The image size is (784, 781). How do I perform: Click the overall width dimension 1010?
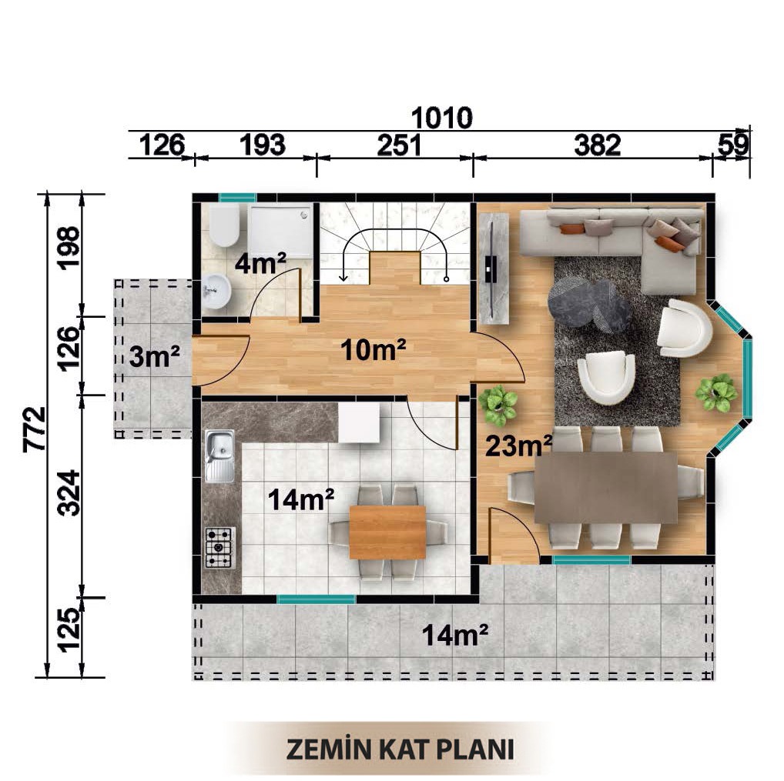(441, 118)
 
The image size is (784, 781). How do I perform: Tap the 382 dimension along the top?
(598, 145)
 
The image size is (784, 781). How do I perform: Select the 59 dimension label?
(733, 145)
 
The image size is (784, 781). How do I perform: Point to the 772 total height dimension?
(35, 429)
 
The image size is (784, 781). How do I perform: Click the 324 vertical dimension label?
(69, 492)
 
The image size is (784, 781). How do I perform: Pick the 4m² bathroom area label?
(260, 263)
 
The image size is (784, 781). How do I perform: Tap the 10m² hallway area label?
(373, 349)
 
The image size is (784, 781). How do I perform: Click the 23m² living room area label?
(519, 446)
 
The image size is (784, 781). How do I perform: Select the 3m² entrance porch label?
(154, 356)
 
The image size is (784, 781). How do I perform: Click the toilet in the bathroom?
(224, 226)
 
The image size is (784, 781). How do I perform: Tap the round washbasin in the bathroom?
(217, 292)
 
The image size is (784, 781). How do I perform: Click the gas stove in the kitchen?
(220, 548)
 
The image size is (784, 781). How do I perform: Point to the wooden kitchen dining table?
(387, 532)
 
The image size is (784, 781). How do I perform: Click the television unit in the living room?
(494, 269)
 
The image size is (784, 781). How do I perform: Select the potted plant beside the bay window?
(716, 392)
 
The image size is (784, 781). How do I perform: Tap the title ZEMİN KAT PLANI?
(400, 749)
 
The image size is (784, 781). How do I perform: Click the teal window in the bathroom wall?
(237, 198)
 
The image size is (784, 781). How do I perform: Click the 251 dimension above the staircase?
(399, 145)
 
